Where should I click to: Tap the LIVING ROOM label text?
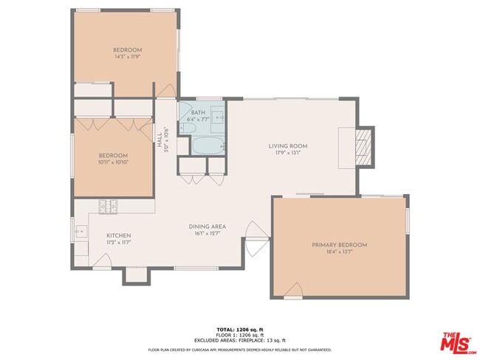point(288,146)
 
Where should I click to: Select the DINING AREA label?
point(205,226)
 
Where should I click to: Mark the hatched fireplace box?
point(363,147)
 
